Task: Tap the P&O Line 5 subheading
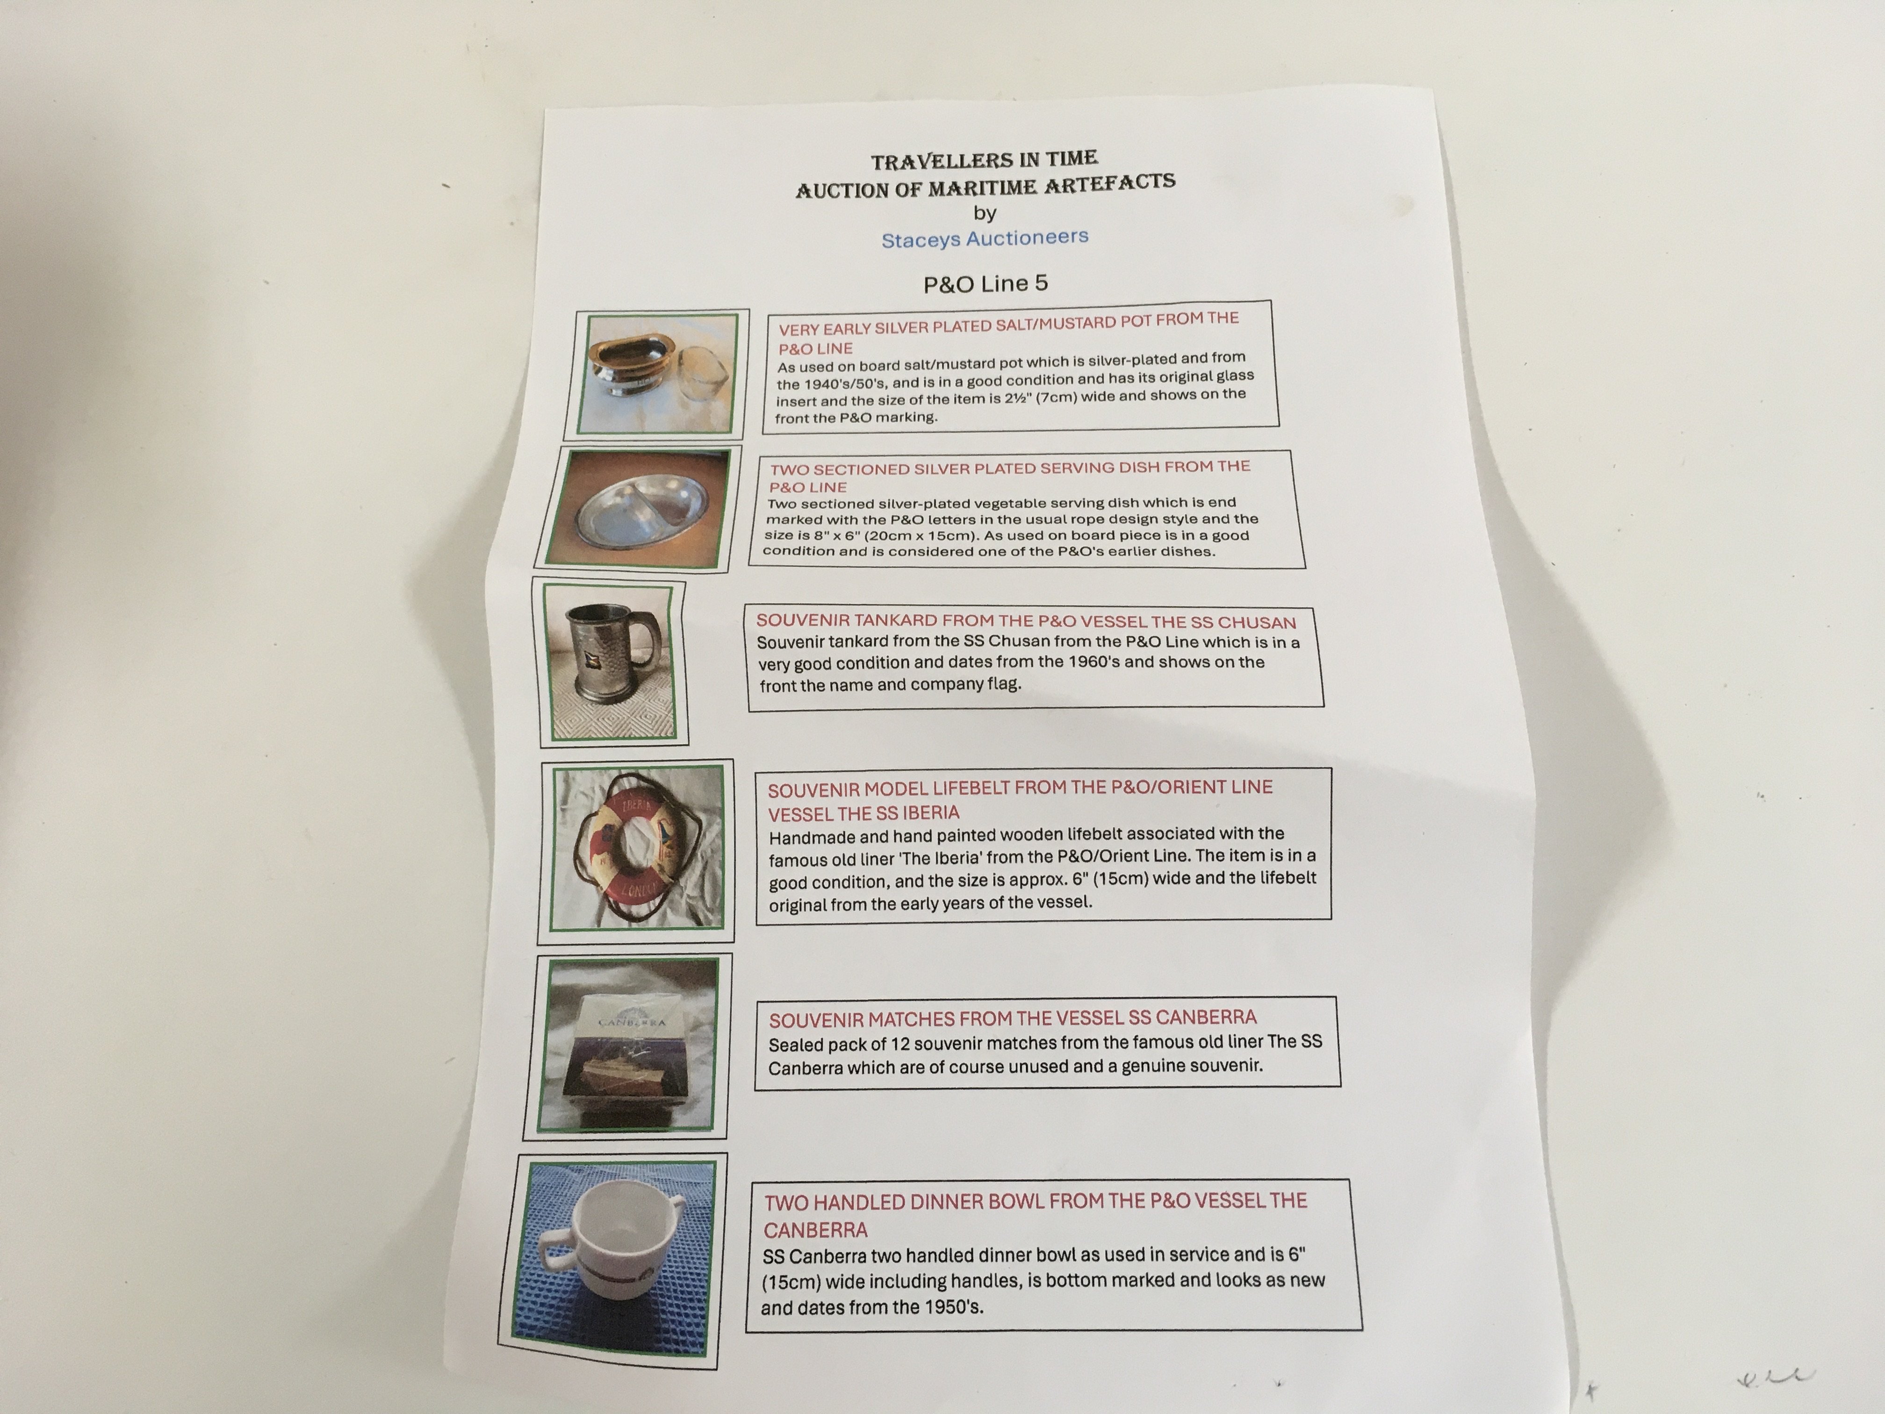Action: click(x=986, y=284)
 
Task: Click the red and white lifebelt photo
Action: click(x=637, y=846)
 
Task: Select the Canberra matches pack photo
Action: click(x=629, y=1045)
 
